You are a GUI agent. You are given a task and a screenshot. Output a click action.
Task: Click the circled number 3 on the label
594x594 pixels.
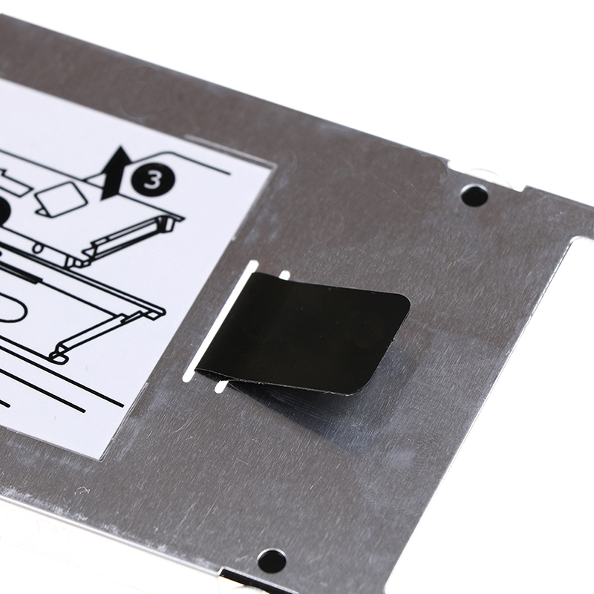[154, 180]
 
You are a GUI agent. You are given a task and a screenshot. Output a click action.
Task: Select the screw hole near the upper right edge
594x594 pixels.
[474, 195]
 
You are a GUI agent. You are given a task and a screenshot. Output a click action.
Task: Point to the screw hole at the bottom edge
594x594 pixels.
[272, 561]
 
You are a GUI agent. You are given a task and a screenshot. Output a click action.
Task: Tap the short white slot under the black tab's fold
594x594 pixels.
[221, 385]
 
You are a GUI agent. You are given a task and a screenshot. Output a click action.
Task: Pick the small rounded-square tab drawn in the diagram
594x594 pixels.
[61, 199]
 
